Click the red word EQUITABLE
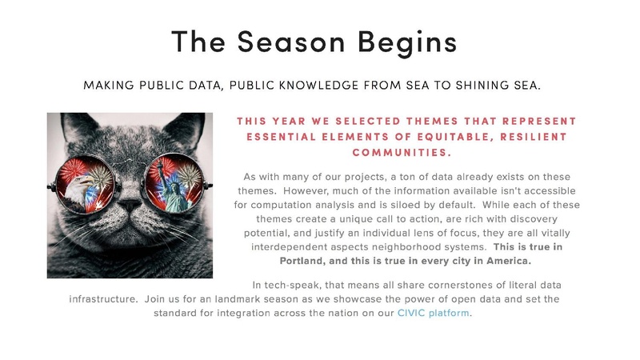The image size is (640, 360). [x=431, y=136]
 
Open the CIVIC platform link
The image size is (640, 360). [x=434, y=313]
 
